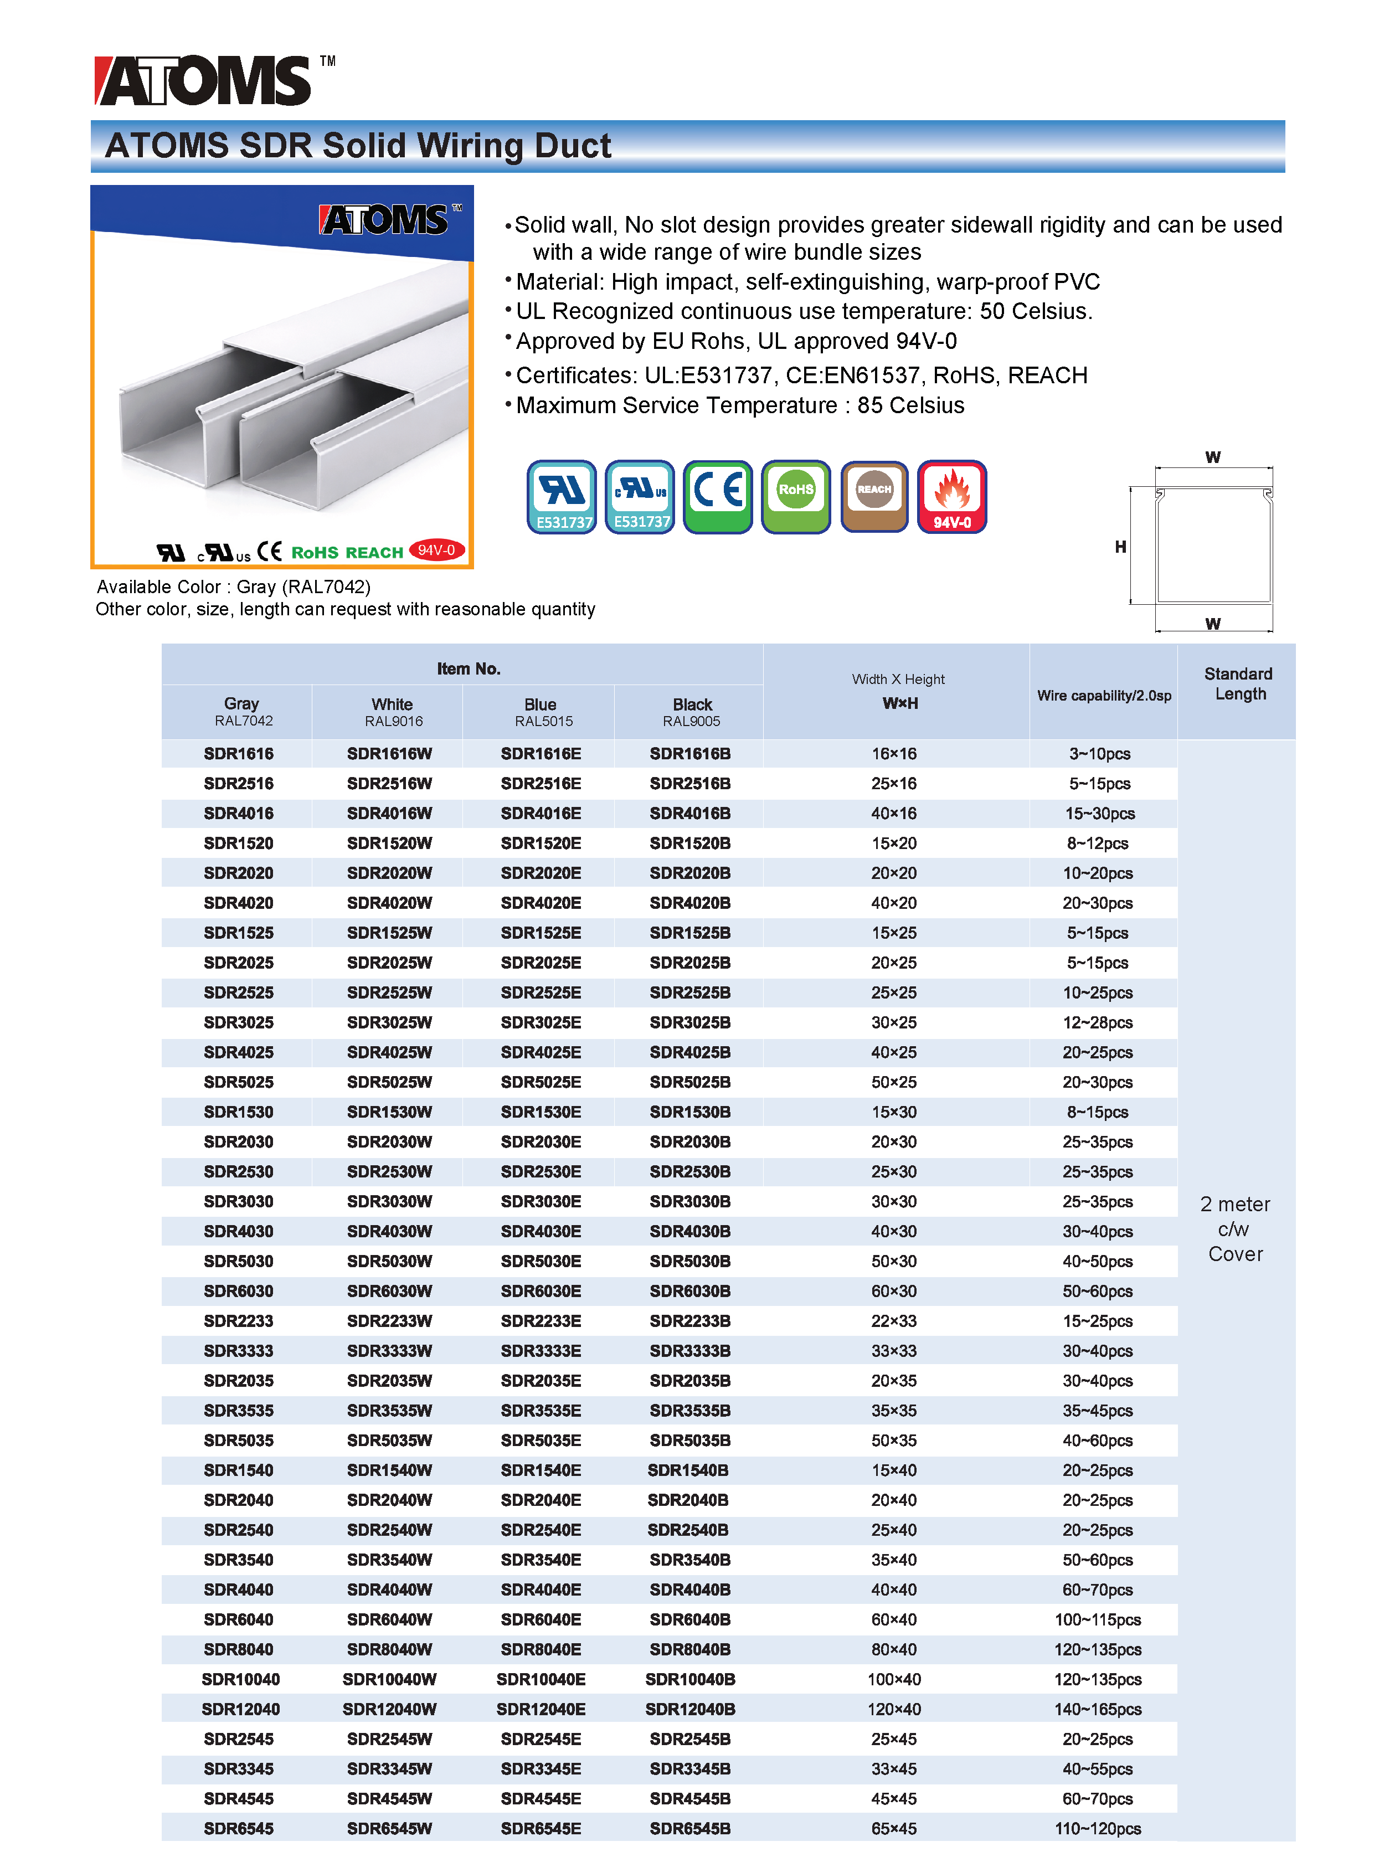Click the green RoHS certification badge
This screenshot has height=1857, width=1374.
pyautogui.click(x=795, y=496)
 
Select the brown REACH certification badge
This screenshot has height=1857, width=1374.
pyautogui.click(x=873, y=496)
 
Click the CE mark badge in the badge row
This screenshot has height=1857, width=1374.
pyautogui.click(x=717, y=496)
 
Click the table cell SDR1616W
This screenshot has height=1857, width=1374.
pyautogui.click(x=389, y=753)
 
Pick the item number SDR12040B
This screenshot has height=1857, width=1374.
pyautogui.click(x=689, y=1709)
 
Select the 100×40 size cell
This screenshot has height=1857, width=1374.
pyautogui.click(x=894, y=1679)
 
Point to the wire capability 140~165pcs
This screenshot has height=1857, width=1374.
pyautogui.click(x=1097, y=1709)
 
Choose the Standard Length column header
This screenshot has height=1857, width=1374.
pyautogui.click(x=1238, y=683)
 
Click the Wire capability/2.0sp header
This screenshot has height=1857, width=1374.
pyautogui.click(x=1104, y=695)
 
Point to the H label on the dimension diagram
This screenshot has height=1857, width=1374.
pyautogui.click(x=1120, y=547)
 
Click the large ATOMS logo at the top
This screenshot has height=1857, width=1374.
pyautogui.click(x=204, y=81)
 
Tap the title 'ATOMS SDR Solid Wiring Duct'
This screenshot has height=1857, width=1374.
pyautogui.click(x=358, y=146)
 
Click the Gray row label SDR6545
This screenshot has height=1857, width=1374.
pyautogui.click(x=239, y=1828)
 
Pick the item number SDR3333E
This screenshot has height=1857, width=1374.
pyautogui.click(x=541, y=1351)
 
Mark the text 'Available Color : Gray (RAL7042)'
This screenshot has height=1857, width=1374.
pyautogui.click(x=234, y=587)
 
